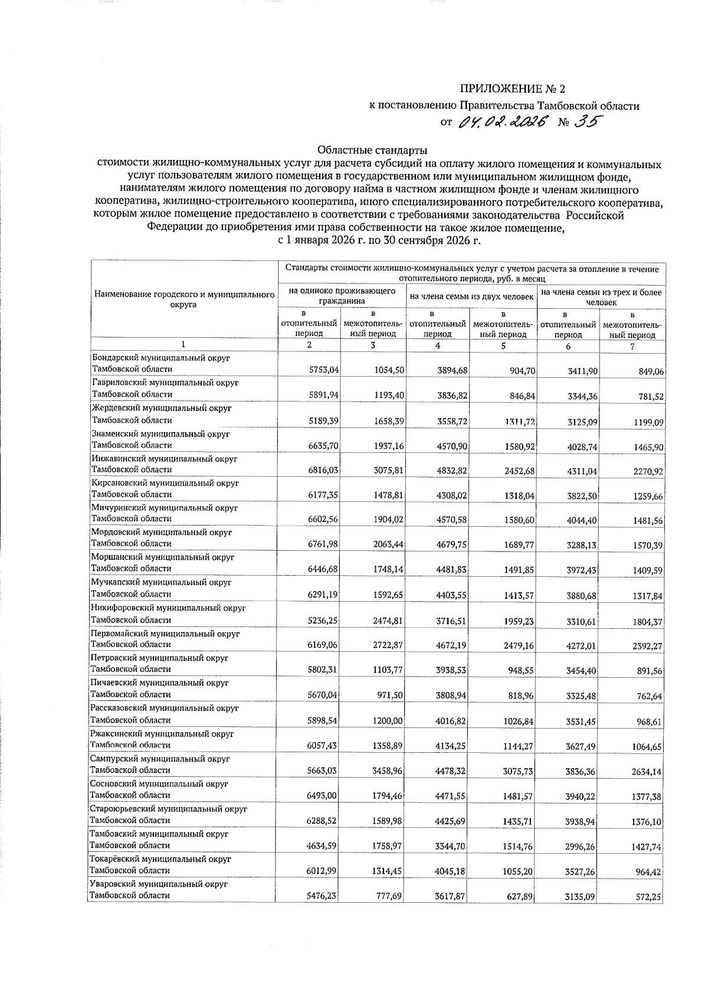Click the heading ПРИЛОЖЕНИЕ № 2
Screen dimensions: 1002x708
point(512,90)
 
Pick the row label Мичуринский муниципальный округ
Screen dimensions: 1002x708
point(164,508)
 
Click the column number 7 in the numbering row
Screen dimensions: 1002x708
point(632,347)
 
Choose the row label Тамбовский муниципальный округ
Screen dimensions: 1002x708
point(159,834)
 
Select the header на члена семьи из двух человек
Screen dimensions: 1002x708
point(471,296)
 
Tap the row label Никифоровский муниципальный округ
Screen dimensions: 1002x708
point(168,608)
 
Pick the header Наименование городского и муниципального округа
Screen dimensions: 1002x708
point(184,299)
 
